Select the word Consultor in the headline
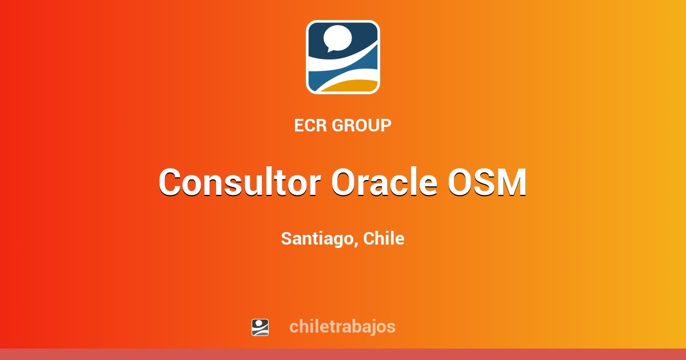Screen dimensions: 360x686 point(240,183)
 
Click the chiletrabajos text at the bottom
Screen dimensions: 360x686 point(342,327)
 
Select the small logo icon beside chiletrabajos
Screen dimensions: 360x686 point(260,327)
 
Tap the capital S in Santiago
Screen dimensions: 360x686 point(286,239)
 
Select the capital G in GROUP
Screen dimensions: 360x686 point(337,126)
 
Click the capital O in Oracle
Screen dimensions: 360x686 point(345,183)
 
